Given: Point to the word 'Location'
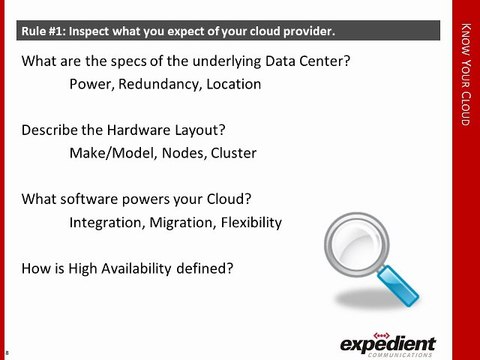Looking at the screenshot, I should coord(233,85).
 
